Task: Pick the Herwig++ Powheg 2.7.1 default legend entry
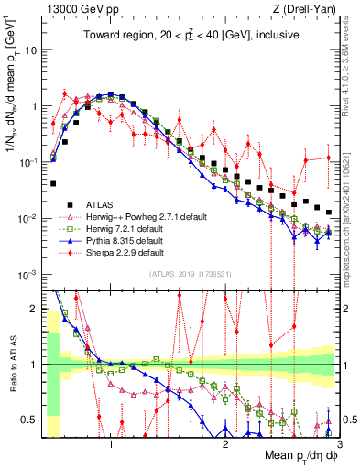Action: [x=139, y=216]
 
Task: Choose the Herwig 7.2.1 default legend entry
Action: [x=124, y=228]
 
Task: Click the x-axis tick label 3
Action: [x=338, y=443]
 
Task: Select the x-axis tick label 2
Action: [x=225, y=443]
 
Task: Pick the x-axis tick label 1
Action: [x=111, y=443]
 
